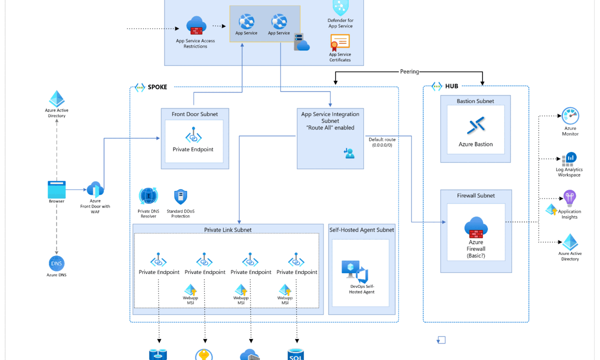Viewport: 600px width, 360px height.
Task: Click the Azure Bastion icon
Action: tap(475, 125)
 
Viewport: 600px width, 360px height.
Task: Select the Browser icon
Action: tap(56, 189)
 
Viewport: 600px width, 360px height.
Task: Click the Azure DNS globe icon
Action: tap(56, 263)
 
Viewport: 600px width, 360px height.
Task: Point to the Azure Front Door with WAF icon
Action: tap(95, 189)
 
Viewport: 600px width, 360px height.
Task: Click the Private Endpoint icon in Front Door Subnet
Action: tap(193, 136)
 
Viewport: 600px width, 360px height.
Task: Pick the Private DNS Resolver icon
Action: tap(148, 196)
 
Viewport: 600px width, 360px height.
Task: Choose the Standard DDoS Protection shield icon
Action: tap(180, 197)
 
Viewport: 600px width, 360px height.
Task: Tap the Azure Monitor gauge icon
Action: tap(570, 115)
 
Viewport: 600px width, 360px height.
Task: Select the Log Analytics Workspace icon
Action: tap(569, 159)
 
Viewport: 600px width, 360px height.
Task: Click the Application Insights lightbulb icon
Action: tap(569, 198)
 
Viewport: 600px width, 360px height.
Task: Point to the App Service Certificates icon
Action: tap(340, 41)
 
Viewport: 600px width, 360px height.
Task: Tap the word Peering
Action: tap(409, 71)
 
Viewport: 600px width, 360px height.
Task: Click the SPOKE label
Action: tap(157, 87)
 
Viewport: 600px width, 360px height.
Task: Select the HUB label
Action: tap(451, 86)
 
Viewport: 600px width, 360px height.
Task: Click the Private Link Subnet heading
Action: tap(228, 230)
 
